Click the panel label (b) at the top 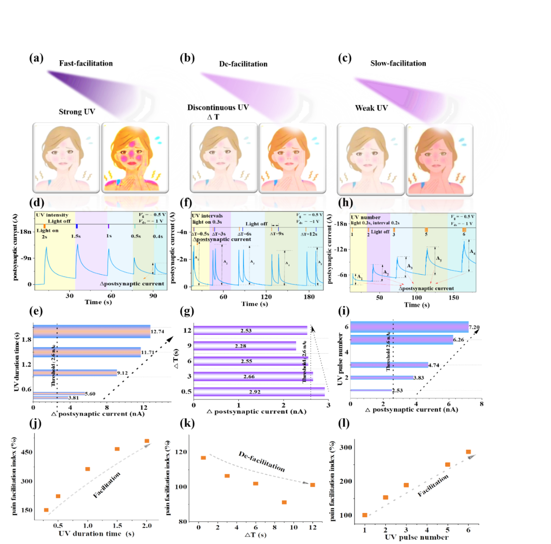pyautogui.click(x=187, y=58)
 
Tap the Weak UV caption pyautogui.click(x=371, y=108)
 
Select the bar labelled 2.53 pyautogui.click(x=251, y=331)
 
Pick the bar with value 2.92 pyautogui.click(x=259, y=392)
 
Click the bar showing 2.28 pyautogui.click(x=245, y=346)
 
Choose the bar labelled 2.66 pyautogui.click(x=253, y=377)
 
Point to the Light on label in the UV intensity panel pyautogui.click(x=48, y=230)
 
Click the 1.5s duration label pyautogui.click(x=76, y=236)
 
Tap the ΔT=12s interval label pyautogui.click(x=309, y=234)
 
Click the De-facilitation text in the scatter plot pyautogui.click(x=261, y=461)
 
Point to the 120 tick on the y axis pyautogui.click(x=181, y=452)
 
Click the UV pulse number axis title pyautogui.click(x=416, y=537)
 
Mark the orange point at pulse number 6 pyautogui.click(x=468, y=452)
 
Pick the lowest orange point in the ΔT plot pyautogui.click(x=284, y=503)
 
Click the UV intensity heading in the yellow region pyautogui.click(x=52, y=215)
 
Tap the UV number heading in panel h pyautogui.click(x=365, y=218)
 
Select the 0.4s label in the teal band pyautogui.click(x=158, y=236)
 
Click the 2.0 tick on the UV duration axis pyautogui.click(x=146, y=526)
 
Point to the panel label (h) pyautogui.click(x=345, y=203)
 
